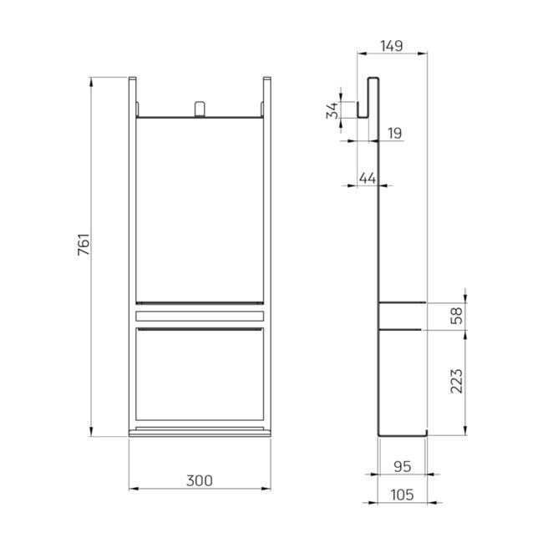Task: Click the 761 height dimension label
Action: coord(84,245)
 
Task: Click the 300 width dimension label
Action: coord(200,480)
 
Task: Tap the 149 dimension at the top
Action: coord(392,46)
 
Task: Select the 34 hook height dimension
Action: coord(332,110)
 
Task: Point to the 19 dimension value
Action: coord(395,133)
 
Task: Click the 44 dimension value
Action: coord(368,178)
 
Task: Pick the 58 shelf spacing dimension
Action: coord(456,316)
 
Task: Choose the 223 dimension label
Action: coord(456,381)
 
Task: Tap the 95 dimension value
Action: coord(403,467)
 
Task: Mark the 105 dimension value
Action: coord(402,495)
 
